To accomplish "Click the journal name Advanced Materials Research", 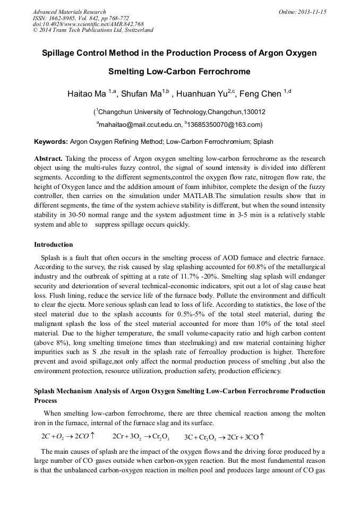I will [x=69, y=12].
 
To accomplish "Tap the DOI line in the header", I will [x=88, y=24].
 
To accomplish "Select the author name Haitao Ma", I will [x=87, y=94].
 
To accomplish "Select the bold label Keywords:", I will [x=51, y=142].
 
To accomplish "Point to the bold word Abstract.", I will [x=48, y=159].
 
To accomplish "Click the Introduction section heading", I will [x=54, y=245].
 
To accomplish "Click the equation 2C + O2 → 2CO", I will [x=68, y=436].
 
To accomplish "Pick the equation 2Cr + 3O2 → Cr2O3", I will [x=141, y=436].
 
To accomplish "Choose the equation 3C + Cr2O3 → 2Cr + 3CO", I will [x=224, y=437].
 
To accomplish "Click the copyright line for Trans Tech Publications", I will [x=93, y=30].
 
